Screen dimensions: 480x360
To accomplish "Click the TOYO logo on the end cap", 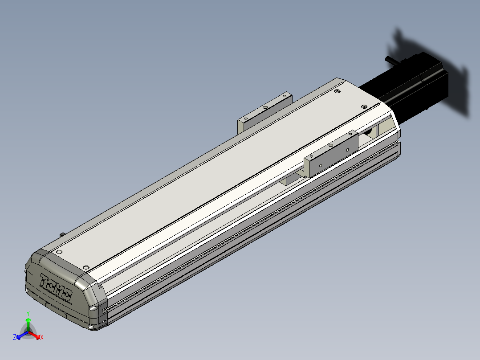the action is [56, 287].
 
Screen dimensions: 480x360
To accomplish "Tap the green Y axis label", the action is [28, 313].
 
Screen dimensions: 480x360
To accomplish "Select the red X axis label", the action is [42, 337].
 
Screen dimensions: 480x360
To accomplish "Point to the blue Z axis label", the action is [15, 337].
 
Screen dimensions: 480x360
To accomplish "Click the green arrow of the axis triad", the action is [28, 325].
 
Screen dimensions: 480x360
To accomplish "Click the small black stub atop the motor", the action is [392, 60].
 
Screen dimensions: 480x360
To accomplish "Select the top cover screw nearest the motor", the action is [338, 91].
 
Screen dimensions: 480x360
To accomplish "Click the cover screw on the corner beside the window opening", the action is [364, 106].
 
